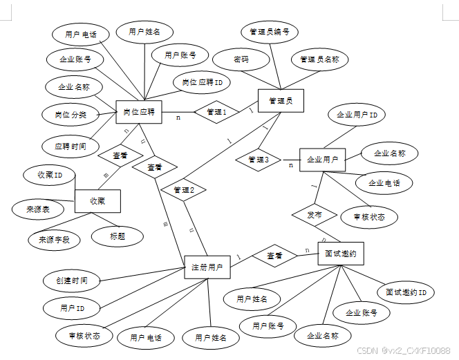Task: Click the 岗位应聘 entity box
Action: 138,112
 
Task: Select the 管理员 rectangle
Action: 281,101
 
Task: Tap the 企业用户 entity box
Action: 322,160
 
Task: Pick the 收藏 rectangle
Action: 97,200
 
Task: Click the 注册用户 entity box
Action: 207,267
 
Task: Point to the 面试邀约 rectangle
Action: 340,254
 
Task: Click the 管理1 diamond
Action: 216,112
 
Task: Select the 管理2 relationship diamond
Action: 183,189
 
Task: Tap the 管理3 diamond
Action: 257,160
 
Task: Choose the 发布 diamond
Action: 314,215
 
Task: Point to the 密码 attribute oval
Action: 241,60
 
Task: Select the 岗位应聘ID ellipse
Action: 202,82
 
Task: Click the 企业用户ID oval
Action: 356,114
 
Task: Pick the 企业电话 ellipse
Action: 385,183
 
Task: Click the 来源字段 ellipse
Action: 54,240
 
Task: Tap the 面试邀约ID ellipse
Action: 405,293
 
